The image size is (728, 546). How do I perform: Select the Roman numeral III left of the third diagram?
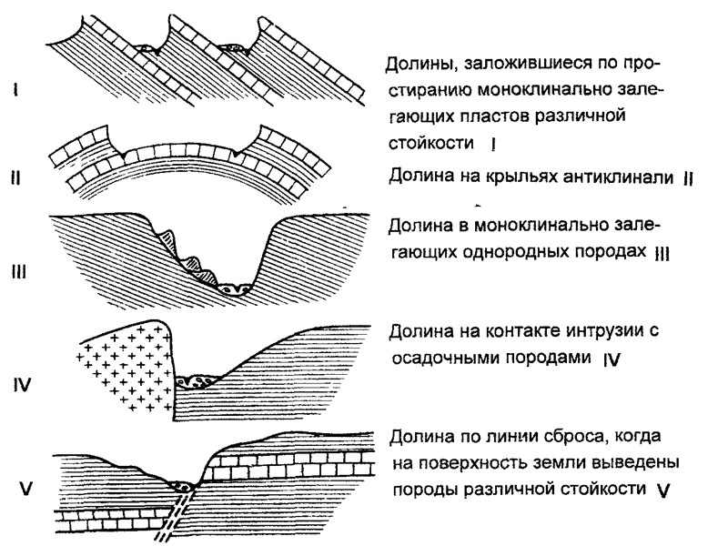pos(17,270)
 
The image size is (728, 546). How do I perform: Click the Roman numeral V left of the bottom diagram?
pos(25,490)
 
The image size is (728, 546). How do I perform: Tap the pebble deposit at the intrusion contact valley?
pos(195,379)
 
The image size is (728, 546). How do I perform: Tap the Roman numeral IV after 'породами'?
pos(612,359)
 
